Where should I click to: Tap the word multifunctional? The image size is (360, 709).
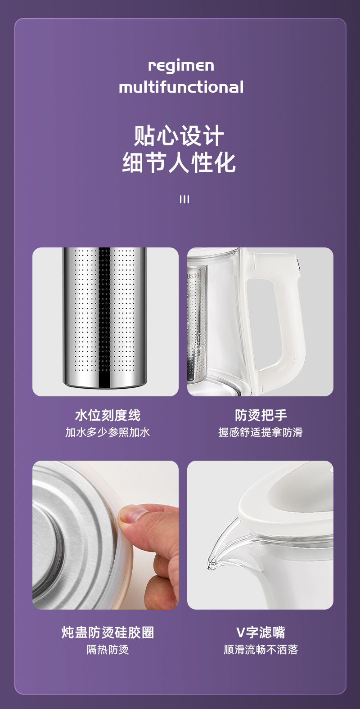coord(181,87)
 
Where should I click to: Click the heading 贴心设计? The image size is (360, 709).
coord(179,135)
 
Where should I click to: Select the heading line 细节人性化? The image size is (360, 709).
coord(179,162)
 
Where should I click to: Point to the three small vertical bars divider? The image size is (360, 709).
coord(184,199)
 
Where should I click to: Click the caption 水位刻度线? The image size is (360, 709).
coord(108,415)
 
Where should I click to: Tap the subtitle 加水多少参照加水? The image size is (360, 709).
coord(108,432)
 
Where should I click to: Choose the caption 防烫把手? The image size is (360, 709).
coord(261,415)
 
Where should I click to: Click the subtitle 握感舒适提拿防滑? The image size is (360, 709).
coord(261,432)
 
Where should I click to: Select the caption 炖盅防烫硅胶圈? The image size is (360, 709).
coord(108,633)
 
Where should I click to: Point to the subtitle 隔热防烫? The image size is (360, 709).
coord(108,650)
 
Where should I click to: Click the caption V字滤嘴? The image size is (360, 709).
coord(261,633)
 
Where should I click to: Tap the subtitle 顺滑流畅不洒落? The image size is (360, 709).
coord(261,650)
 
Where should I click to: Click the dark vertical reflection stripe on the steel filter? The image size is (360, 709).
coord(104,317)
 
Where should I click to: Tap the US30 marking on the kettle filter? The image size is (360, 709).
coord(193,276)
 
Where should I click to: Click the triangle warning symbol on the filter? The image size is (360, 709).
coord(198,339)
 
